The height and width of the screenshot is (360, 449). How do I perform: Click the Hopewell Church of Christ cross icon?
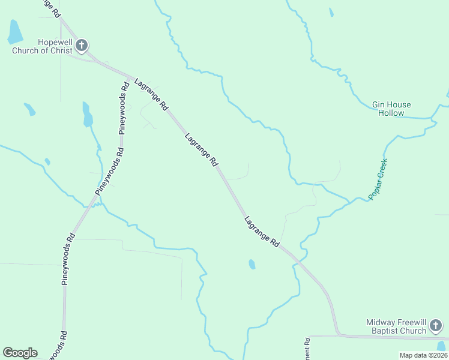(82, 46)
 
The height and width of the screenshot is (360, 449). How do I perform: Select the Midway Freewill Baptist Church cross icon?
(436, 326)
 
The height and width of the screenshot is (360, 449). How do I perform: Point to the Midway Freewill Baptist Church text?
(396, 326)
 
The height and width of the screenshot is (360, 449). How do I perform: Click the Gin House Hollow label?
(391, 109)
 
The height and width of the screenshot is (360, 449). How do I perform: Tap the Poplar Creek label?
(378, 179)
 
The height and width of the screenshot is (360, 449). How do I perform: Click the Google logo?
(20, 353)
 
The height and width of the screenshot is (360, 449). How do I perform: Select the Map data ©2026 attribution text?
(423, 355)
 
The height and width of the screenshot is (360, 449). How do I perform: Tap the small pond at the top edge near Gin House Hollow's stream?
(331, 12)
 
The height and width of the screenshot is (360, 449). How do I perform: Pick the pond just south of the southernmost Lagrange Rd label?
(252, 264)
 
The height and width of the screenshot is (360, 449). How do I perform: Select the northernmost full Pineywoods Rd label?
(124, 107)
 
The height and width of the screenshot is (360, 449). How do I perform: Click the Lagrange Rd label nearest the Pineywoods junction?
(151, 94)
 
